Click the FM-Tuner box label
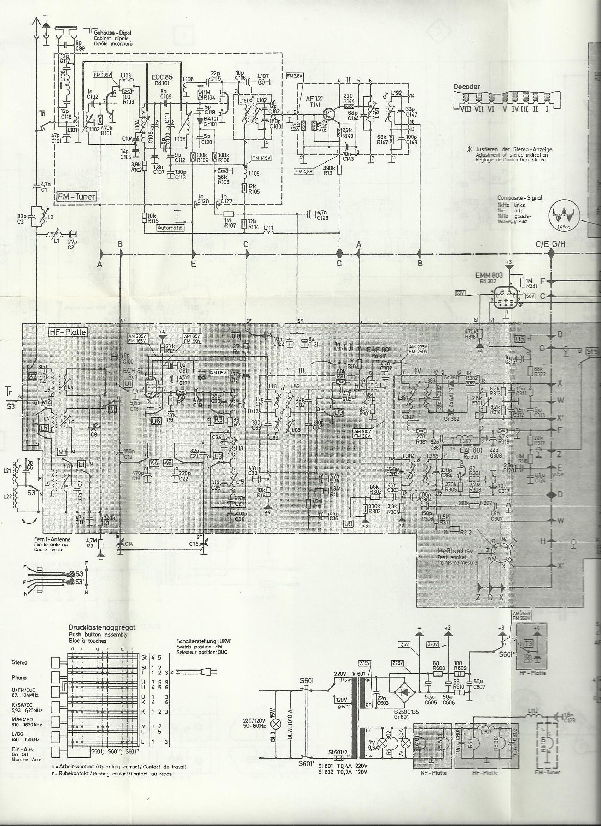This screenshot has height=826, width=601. coord(76,197)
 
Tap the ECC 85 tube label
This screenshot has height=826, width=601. coord(162,77)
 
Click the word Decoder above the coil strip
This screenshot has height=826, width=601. coord(467,87)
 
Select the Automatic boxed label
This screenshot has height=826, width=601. coord(170,228)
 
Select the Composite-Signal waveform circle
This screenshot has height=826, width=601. coord(563,215)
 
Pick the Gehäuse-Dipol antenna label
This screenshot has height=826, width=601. coord(112,33)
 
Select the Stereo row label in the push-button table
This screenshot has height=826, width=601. coord(19,662)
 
